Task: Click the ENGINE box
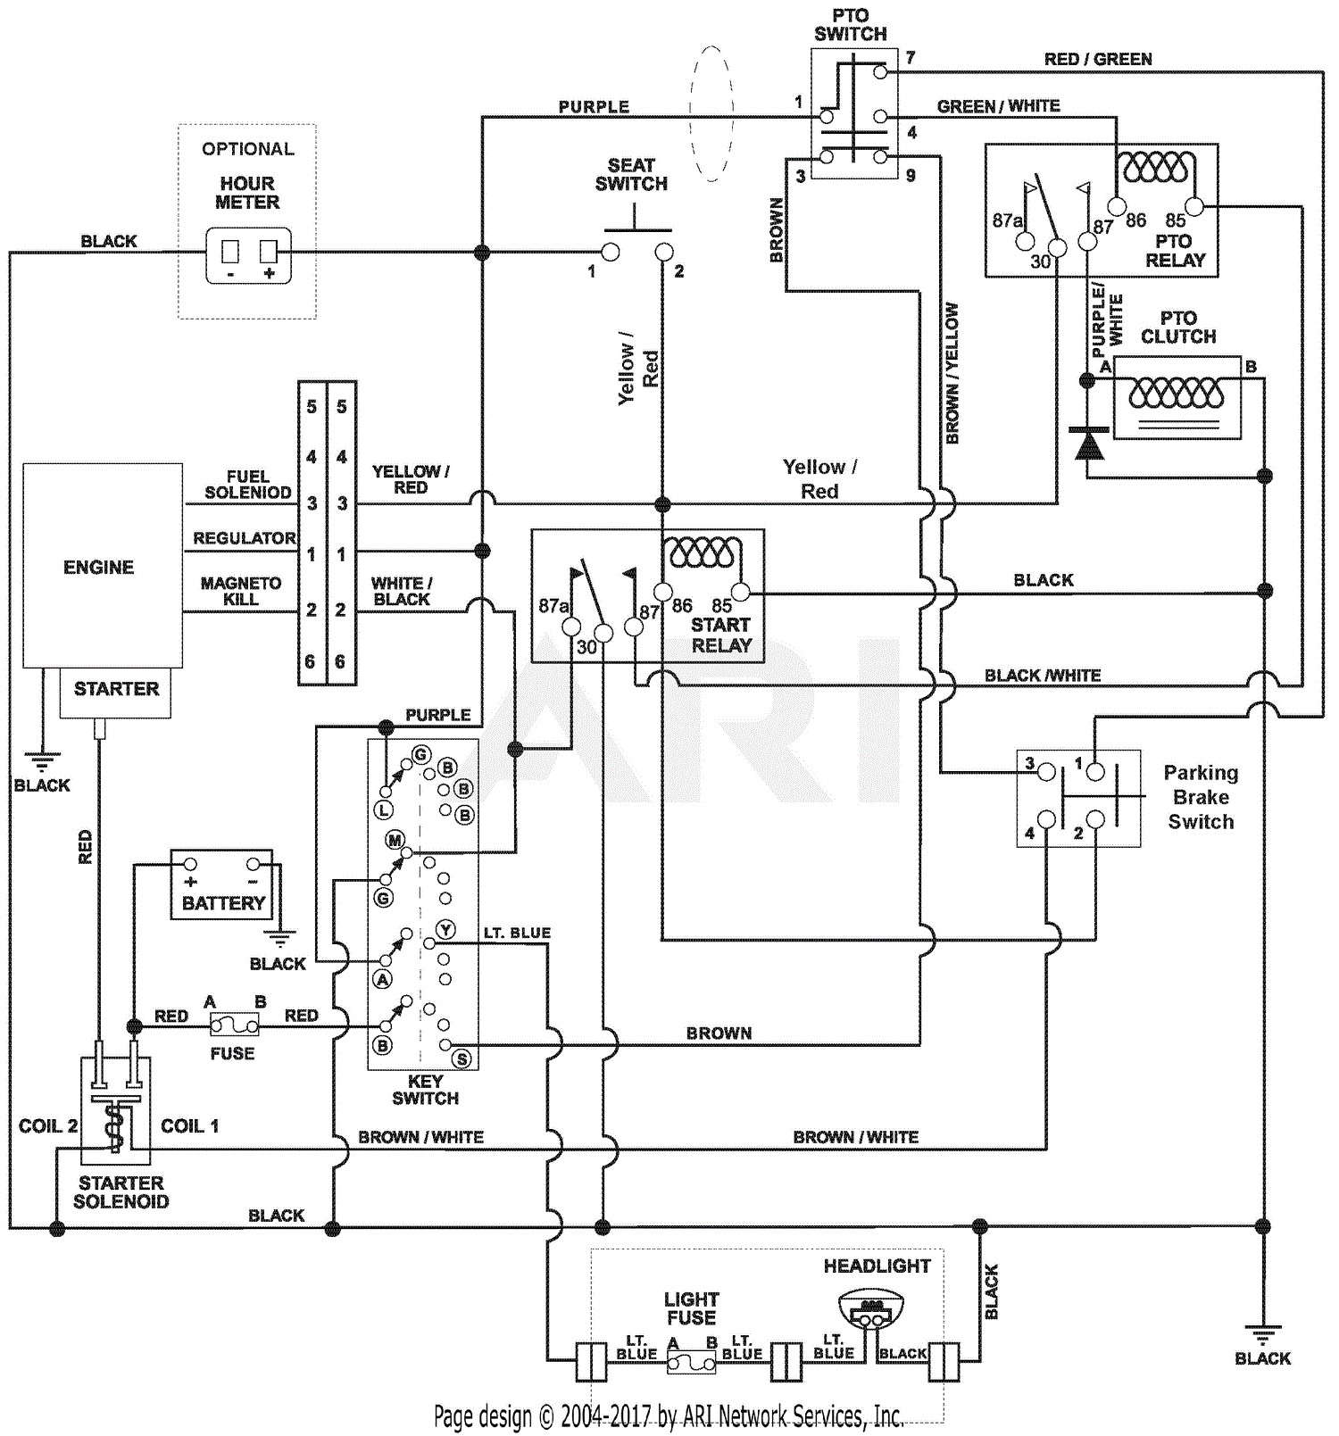click(103, 565)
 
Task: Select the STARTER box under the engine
click(116, 693)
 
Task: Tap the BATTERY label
click(223, 903)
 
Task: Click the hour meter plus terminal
click(269, 252)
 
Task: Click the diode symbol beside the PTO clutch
click(1087, 443)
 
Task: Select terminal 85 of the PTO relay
click(1194, 207)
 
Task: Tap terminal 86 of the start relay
click(662, 591)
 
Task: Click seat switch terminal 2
click(662, 252)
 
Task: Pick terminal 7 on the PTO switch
click(881, 71)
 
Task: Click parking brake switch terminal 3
click(1046, 771)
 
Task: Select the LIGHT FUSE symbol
click(692, 1364)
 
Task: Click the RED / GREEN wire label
click(1098, 59)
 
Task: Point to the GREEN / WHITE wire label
click(998, 106)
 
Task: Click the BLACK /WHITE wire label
click(1043, 676)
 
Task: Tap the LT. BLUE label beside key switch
click(517, 933)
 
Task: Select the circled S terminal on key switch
click(462, 1059)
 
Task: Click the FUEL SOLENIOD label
click(248, 485)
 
